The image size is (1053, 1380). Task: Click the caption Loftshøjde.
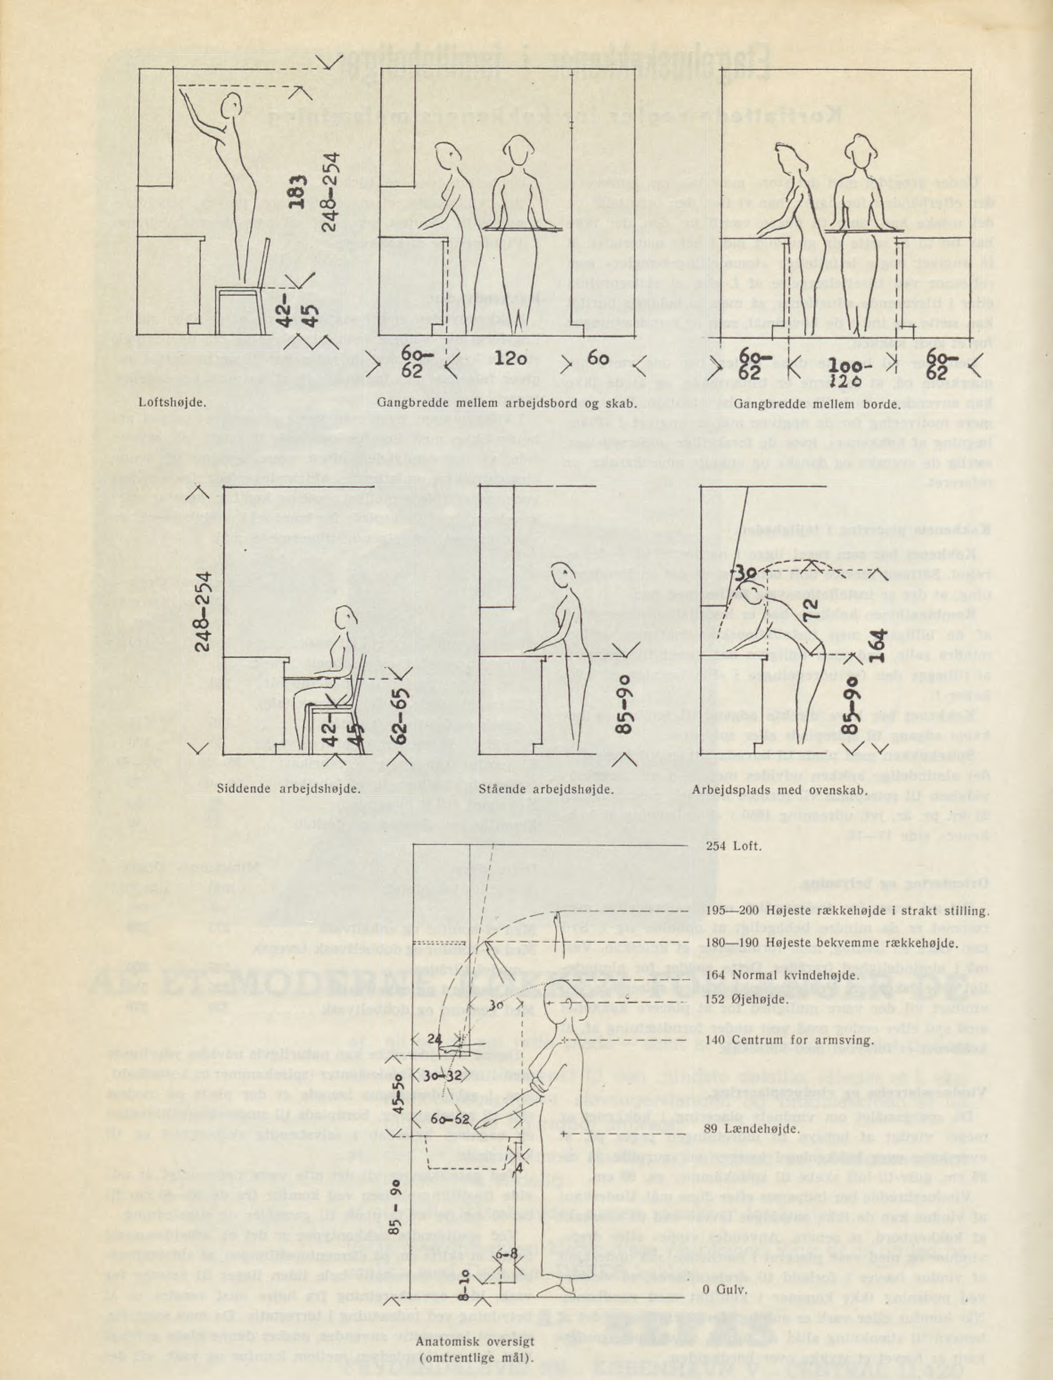pyautogui.click(x=172, y=402)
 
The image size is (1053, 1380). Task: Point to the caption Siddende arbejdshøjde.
pyautogui.click(x=288, y=789)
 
